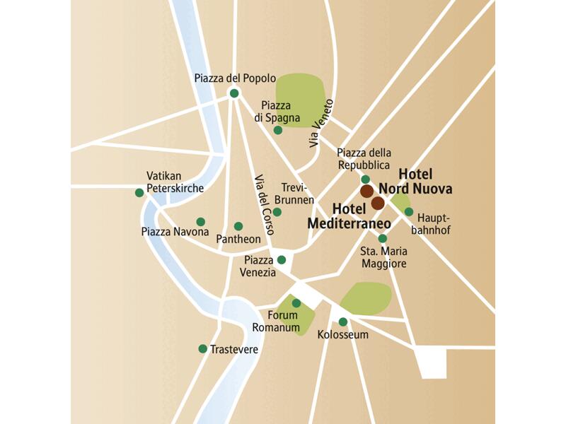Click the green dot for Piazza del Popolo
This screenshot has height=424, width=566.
(234, 93)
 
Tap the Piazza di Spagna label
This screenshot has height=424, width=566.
(281, 112)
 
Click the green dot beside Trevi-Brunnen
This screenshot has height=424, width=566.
(277, 212)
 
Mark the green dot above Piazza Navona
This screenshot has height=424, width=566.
(201, 221)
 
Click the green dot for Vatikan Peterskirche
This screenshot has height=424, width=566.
(139, 192)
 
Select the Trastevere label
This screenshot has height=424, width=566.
(234, 349)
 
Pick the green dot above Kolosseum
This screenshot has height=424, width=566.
(343, 322)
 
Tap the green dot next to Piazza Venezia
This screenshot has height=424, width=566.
(282, 259)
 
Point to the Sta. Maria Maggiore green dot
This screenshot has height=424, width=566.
(383, 238)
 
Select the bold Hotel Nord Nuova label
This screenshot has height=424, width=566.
(415, 182)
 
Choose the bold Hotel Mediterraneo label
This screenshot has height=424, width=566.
(350, 216)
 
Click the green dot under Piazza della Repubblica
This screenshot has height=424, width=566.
(366, 179)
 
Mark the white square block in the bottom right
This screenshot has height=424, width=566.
(431, 361)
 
